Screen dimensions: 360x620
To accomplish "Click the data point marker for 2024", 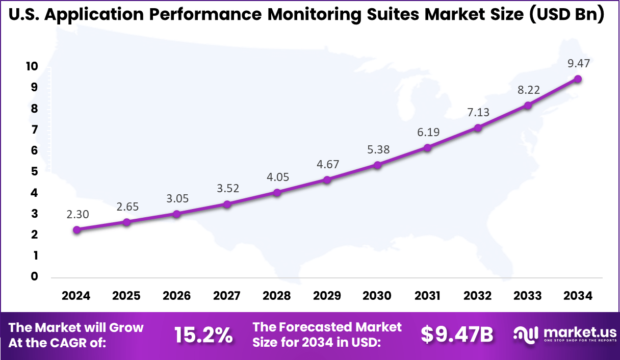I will click(x=76, y=229).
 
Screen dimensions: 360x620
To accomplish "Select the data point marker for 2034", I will click(x=578, y=79).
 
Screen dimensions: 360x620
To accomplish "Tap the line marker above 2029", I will click(x=327, y=179).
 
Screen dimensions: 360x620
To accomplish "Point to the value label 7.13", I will click(x=478, y=112).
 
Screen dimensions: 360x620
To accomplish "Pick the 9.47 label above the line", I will click(x=578, y=63).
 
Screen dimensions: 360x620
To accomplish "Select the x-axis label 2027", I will click(x=227, y=296).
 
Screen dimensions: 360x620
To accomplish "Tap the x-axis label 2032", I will click(x=478, y=296).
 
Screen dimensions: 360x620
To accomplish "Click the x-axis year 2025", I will click(x=126, y=296).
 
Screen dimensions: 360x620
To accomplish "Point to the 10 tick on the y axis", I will click(x=32, y=66).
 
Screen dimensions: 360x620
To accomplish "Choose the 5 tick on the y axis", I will click(x=34, y=171).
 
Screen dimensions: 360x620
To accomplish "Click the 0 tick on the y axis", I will click(x=34, y=276).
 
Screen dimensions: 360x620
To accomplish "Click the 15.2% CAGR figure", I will click(x=203, y=335).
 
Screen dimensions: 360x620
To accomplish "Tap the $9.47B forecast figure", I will click(x=457, y=335).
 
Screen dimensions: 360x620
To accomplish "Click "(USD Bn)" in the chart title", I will click(x=566, y=15).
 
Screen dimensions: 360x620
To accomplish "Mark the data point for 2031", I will click(x=428, y=147).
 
